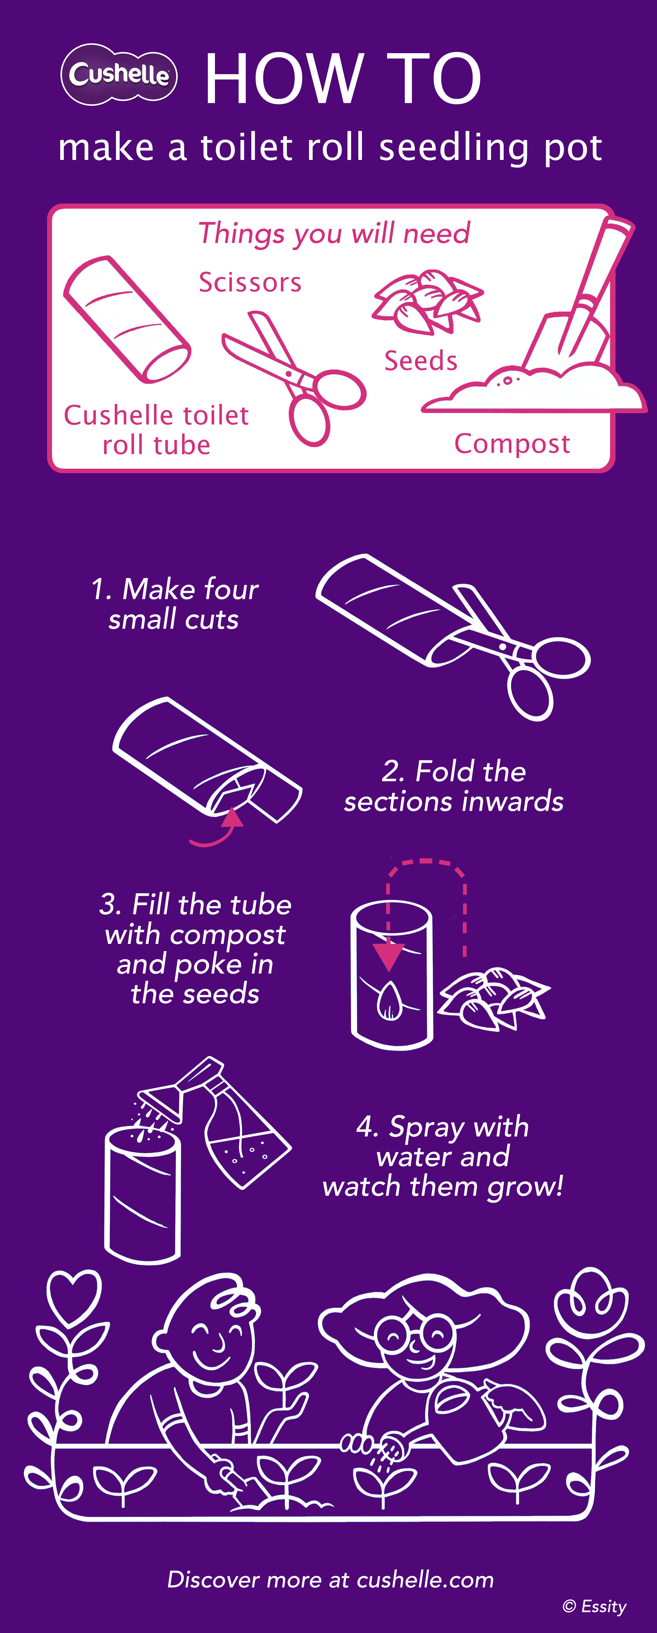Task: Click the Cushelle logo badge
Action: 119,74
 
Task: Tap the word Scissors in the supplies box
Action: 250,282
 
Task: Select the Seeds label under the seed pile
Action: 420,361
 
